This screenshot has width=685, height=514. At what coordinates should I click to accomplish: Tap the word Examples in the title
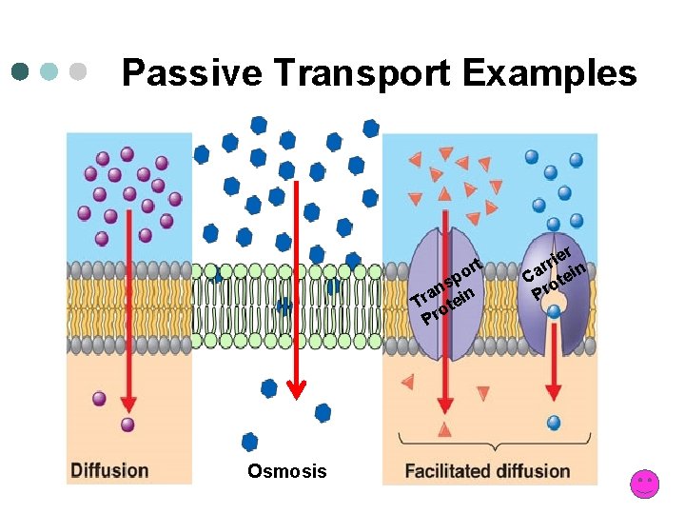551,72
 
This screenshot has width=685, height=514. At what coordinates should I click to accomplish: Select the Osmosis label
286,471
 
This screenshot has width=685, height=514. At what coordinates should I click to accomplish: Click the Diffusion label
109,470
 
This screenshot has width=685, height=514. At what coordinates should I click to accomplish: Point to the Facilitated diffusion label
487,470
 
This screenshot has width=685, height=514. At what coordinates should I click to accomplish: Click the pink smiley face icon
644,484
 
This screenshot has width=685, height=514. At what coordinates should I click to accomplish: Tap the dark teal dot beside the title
21,71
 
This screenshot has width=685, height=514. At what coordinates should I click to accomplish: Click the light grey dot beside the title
78,71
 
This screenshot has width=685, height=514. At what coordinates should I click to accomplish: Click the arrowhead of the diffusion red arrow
127,404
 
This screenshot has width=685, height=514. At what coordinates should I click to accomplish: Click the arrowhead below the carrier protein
553,390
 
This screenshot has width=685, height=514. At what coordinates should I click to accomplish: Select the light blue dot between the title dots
49,71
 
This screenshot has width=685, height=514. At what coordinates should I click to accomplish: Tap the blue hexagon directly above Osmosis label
250,441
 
